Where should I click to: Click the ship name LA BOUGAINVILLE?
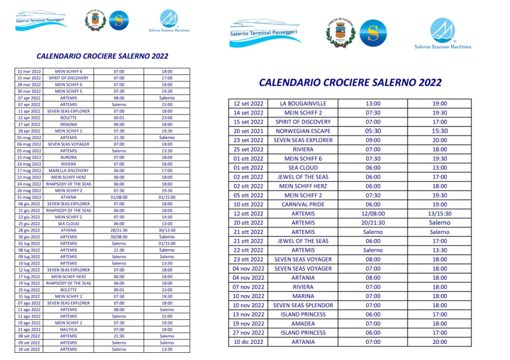[x=303, y=103]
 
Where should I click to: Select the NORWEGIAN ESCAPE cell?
[x=303, y=131]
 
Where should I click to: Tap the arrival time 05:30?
[x=373, y=131]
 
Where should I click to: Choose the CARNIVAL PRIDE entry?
[x=303, y=204]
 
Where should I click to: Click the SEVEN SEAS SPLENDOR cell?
[x=303, y=305]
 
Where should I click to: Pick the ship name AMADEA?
[x=303, y=323]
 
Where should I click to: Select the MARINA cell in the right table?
[x=303, y=296]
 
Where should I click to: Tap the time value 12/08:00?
[x=373, y=214]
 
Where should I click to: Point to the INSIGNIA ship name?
[x=68, y=124]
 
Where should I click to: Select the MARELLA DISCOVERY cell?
[x=68, y=170]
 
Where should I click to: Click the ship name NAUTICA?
[x=68, y=329]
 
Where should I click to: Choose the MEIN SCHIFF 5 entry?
[x=68, y=91]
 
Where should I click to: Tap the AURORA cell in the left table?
[x=68, y=157]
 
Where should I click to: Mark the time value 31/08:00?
[x=119, y=197]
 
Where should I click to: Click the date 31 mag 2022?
[x=29, y=197]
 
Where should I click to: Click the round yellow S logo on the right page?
[x=373, y=33]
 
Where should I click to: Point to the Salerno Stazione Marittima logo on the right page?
[x=442, y=34]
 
